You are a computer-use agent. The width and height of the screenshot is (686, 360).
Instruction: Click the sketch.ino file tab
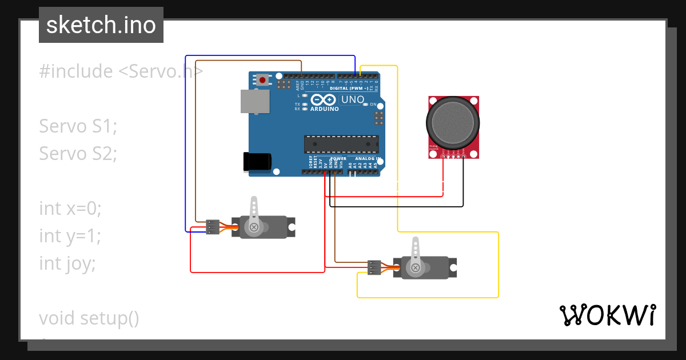point(101,25)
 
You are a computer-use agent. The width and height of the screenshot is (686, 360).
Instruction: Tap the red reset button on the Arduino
point(262,79)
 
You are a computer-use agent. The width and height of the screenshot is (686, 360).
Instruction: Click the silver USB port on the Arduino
point(255,102)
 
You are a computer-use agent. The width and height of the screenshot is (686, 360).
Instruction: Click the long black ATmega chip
point(341,145)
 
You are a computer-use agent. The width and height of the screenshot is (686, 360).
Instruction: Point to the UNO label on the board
point(352,99)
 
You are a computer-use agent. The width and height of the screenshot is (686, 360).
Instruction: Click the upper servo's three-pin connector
point(213,227)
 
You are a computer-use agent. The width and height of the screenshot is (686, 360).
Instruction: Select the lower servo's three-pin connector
point(374,267)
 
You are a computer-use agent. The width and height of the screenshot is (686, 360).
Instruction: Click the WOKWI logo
point(607,315)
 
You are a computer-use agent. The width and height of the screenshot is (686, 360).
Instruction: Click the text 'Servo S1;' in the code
point(78,126)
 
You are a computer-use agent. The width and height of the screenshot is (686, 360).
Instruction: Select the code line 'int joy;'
point(67,263)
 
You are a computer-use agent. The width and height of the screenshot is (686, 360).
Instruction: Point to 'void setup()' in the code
point(89,318)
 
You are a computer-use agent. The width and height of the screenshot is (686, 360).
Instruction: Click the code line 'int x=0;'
point(70,209)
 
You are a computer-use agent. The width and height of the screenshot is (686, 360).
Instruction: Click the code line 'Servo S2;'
point(78,153)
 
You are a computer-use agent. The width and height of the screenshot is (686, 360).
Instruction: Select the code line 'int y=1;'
point(70,235)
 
